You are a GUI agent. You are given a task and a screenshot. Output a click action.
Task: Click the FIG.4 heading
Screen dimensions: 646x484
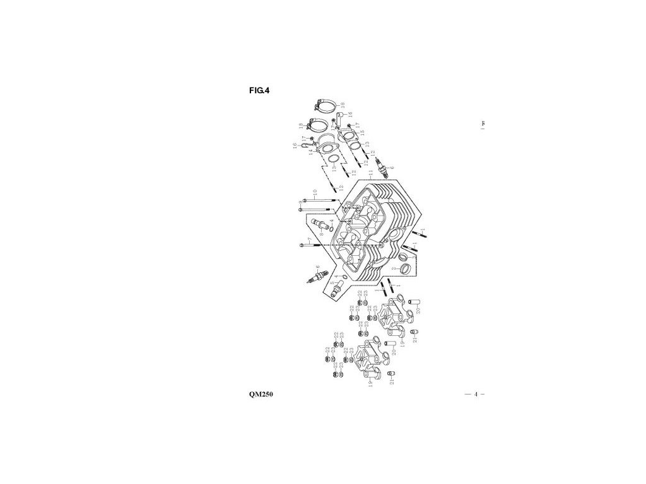tap(259, 91)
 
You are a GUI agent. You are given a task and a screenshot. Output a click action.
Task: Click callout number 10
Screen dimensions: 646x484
tap(314, 192)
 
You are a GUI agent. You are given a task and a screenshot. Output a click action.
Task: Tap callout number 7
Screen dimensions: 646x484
tap(301, 240)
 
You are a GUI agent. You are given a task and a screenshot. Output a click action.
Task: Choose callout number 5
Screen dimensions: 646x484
tap(332, 282)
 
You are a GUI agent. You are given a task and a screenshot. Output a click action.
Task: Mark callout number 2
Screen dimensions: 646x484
tap(393, 269)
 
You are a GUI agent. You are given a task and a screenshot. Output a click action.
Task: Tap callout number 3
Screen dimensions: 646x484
tap(414, 256)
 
